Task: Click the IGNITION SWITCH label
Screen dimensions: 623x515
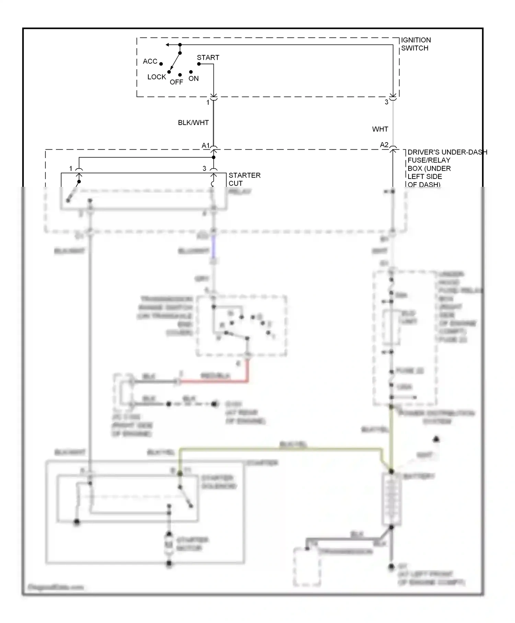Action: click(x=416, y=44)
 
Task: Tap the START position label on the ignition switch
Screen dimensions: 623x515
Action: click(x=208, y=57)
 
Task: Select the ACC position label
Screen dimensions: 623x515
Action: click(x=150, y=61)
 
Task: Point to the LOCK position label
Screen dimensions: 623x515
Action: click(x=157, y=77)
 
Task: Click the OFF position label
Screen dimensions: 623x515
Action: click(x=176, y=82)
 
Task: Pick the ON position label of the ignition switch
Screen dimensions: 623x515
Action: click(x=194, y=78)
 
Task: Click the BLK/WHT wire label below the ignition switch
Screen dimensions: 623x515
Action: click(x=193, y=123)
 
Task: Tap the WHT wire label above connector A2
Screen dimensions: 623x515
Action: click(x=380, y=129)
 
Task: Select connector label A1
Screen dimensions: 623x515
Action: click(x=205, y=146)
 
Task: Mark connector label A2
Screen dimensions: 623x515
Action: click(x=384, y=145)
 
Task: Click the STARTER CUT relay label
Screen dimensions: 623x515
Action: click(x=244, y=179)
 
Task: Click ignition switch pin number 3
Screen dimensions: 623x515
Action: click(x=386, y=102)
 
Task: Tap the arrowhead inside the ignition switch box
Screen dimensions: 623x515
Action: click(x=168, y=45)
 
